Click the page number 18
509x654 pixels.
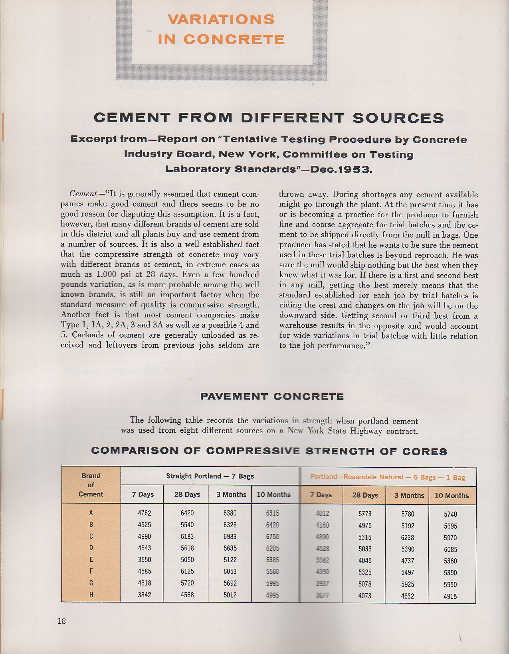(x=61, y=621)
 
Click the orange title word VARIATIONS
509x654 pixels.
(x=221, y=19)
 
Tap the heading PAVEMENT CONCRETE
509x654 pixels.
(x=272, y=396)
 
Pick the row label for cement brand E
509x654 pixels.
(x=91, y=559)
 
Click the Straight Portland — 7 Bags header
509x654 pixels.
(x=210, y=476)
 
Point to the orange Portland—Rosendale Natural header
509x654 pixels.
(x=388, y=477)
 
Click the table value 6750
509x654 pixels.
(x=273, y=536)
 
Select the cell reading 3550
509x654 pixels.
(x=145, y=559)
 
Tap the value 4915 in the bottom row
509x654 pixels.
(x=450, y=597)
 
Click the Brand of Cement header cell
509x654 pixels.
(x=91, y=485)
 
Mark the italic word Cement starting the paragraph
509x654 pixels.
(x=83, y=194)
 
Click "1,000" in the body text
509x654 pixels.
(x=106, y=275)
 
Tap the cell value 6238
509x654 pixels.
(x=408, y=538)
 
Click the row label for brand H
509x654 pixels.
(x=91, y=595)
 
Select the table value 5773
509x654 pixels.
(x=365, y=514)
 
